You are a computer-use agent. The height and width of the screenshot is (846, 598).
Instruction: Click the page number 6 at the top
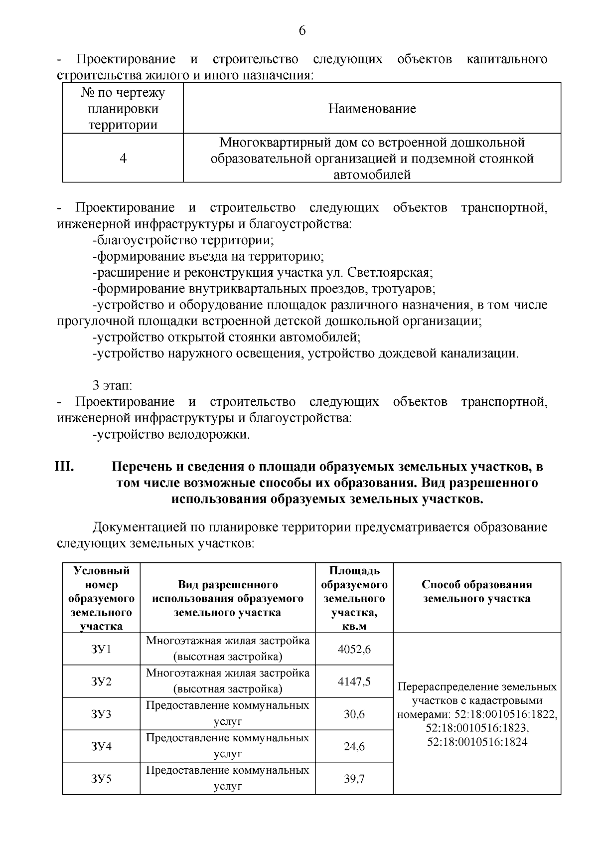pyautogui.click(x=302, y=31)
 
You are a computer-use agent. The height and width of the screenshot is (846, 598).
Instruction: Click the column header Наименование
pyautogui.click(x=372, y=109)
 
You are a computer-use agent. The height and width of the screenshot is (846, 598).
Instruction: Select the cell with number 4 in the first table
pyautogui.click(x=123, y=158)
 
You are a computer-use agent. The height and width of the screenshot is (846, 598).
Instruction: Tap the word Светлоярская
pyautogui.click(x=389, y=273)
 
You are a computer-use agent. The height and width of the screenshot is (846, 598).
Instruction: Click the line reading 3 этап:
pyautogui.click(x=113, y=385)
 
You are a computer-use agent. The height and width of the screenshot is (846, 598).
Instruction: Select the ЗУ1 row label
pyautogui.click(x=101, y=649)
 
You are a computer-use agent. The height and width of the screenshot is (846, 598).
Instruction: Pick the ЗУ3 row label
pyautogui.click(x=101, y=714)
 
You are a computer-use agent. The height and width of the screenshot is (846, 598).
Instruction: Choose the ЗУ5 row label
pyautogui.click(x=101, y=778)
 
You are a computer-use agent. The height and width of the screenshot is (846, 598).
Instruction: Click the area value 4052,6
pyautogui.click(x=354, y=649)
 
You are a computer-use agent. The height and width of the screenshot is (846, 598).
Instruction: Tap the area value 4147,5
pyautogui.click(x=354, y=681)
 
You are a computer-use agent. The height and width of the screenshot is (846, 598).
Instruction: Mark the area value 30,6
pyautogui.click(x=354, y=714)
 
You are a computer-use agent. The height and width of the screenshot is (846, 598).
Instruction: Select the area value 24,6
pyautogui.click(x=354, y=746)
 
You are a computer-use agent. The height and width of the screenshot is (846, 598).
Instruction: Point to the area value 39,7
pyautogui.click(x=354, y=778)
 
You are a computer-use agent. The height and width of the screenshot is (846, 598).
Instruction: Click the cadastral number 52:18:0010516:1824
pyautogui.click(x=477, y=741)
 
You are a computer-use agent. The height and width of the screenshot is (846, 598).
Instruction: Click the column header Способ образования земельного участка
pyautogui.click(x=476, y=591)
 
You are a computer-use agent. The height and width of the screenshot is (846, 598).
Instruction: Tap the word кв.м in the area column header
pyautogui.click(x=354, y=626)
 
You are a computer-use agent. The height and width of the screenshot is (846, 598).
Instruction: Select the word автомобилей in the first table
pyautogui.click(x=372, y=174)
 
